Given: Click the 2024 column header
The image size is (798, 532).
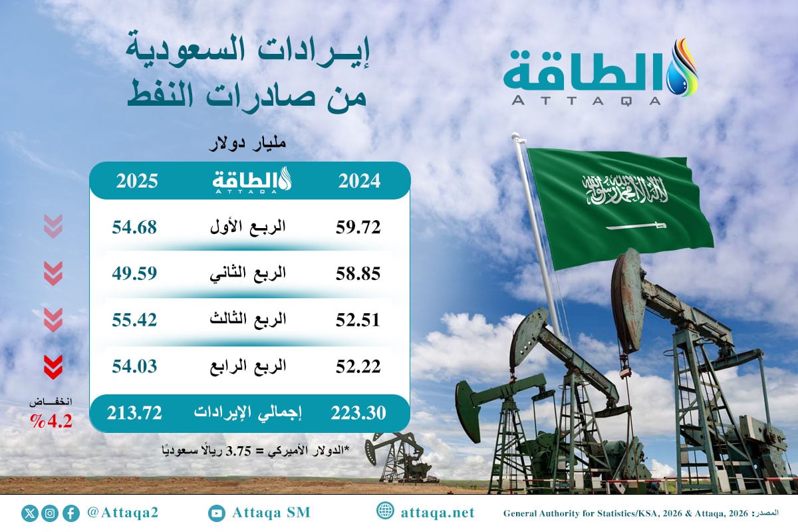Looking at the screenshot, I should click(358, 181).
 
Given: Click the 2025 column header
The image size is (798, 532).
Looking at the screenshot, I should click(136, 181).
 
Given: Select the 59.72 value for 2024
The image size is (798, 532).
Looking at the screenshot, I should click(358, 227).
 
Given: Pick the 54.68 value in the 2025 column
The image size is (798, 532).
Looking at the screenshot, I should click(134, 227).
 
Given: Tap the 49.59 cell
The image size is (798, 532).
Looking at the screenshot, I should click(134, 273).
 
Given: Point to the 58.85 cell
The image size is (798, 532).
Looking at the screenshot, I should click(358, 273).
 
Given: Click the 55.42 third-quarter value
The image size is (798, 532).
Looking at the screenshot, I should click(134, 320).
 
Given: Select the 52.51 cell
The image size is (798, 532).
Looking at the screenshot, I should click(358, 320).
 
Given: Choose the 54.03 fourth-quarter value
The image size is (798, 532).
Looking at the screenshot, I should click(134, 366).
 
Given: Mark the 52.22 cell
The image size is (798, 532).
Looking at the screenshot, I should click(358, 366).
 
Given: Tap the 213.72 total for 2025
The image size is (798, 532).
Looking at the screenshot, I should click(134, 413).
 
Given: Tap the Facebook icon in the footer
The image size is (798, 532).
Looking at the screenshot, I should click(70, 513).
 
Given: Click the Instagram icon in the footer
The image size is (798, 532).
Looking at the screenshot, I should click(50, 513).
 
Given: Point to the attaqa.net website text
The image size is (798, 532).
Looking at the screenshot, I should click(438, 513).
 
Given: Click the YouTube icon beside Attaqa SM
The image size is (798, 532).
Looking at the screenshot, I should click(216, 513).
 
